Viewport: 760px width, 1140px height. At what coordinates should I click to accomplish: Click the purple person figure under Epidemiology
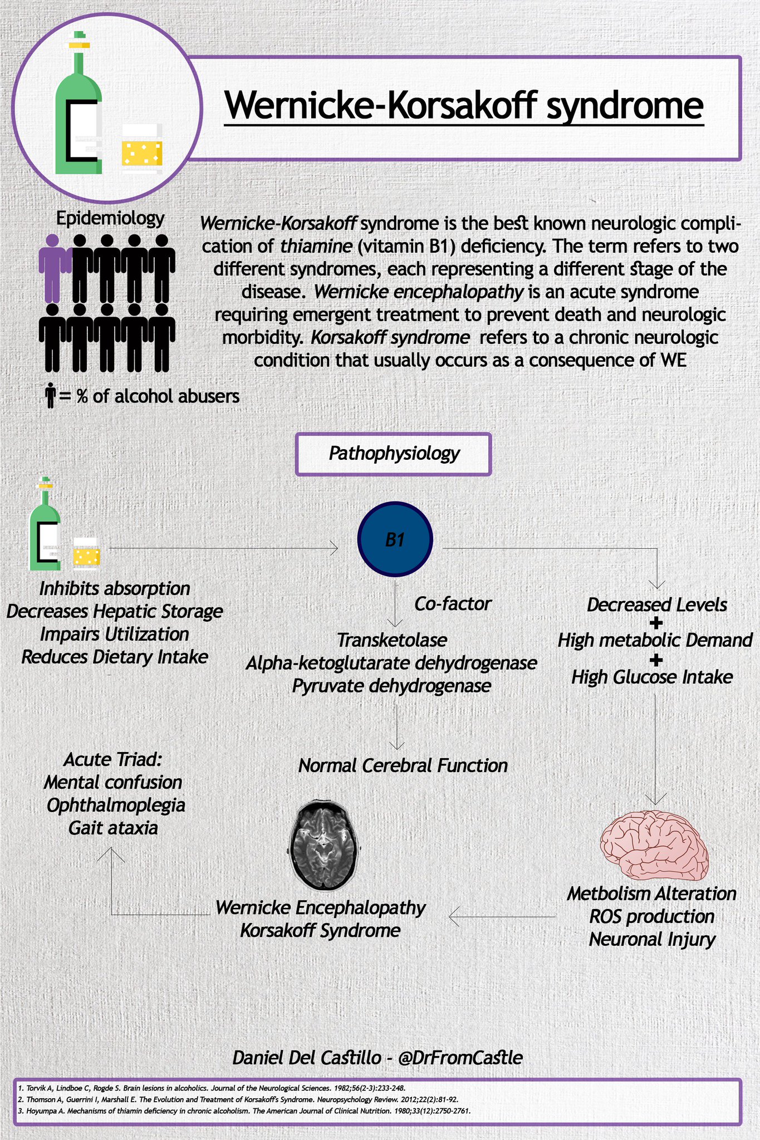pyautogui.click(x=53, y=267)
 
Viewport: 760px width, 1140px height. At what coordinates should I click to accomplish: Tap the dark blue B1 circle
pyautogui.click(x=395, y=539)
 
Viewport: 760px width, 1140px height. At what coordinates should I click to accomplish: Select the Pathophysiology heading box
pyautogui.click(x=393, y=454)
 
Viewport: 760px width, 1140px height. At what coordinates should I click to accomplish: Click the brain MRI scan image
pyautogui.click(x=323, y=845)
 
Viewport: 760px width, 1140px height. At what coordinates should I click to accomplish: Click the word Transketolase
pyautogui.click(x=392, y=640)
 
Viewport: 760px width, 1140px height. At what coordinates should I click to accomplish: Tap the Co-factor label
pyautogui.click(x=453, y=604)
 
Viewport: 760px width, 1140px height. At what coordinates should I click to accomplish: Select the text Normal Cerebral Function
pyautogui.click(x=403, y=766)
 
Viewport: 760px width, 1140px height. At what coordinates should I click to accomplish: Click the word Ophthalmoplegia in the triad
pyautogui.click(x=116, y=805)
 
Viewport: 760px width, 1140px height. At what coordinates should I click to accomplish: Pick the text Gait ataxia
pyautogui.click(x=113, y=828)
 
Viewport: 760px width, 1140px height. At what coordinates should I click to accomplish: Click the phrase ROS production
pyautogui.click(x=651, y=917)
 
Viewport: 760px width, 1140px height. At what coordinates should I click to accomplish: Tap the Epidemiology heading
pyautogui.click(x=110, y=218)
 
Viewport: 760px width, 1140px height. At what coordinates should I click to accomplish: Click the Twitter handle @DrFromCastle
pyautogui.click(x=460, y=1058)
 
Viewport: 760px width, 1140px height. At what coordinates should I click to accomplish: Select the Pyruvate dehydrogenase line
pyautogui.click(x=391, y=686)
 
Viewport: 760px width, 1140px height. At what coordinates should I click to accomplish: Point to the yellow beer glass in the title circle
pyautogui.click(x=143, y=149)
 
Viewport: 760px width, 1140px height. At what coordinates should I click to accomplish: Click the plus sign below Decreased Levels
pyautogui.click(x=656, y=623)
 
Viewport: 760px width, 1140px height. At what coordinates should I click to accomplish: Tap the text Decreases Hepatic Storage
pyautogui.click(x=115, y=611)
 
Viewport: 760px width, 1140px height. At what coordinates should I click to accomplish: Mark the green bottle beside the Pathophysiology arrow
pyautogui.click(x=45, y=526)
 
